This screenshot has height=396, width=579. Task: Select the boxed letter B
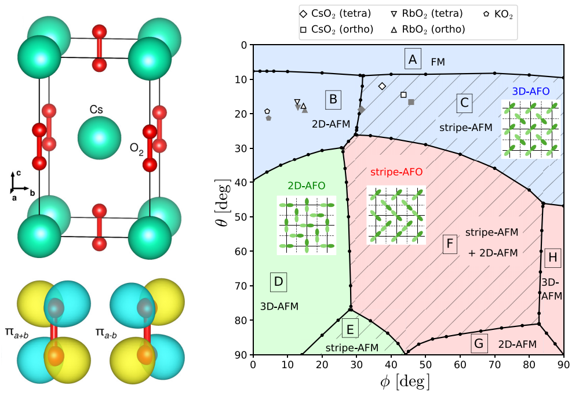333,99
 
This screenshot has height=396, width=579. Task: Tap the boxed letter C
464,103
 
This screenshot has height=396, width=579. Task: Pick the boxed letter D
278,282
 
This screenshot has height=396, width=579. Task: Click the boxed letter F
449,244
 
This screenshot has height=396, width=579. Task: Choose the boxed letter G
479,343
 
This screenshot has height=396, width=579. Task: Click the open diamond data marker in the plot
382,86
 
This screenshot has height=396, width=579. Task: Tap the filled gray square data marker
411,102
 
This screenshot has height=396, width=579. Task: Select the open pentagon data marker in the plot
267,111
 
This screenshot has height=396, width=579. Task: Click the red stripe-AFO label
396,172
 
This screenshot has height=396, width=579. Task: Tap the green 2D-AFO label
306,186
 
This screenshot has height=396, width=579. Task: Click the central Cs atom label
96,109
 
